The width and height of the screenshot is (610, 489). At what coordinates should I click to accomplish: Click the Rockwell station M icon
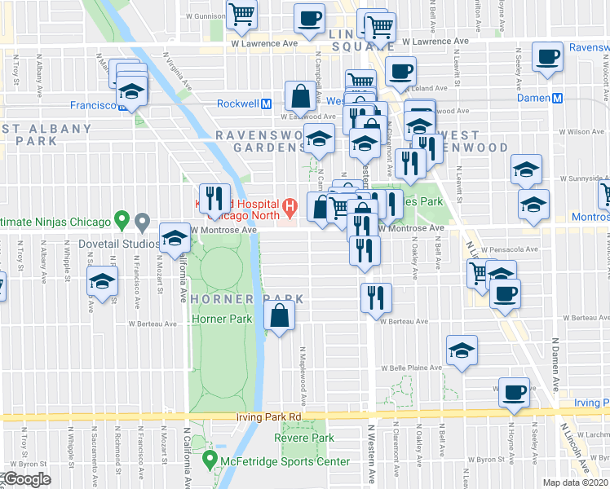[x=266, y=104]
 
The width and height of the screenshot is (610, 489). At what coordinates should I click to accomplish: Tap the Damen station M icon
[x=558, y=98]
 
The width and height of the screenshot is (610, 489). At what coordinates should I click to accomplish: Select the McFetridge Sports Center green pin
[x=210, y=462]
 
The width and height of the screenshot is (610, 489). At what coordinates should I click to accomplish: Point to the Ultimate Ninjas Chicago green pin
[x=122, y=220]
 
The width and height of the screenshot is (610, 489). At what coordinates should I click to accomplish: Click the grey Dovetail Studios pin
[x=142, y=221]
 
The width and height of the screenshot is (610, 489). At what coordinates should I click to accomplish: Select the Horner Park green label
[x=221, y=319]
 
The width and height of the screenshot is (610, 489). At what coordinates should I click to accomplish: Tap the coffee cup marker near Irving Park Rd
[x=515, y=394]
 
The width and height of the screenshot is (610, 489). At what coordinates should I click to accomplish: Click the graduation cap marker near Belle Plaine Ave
[x=462, y=351]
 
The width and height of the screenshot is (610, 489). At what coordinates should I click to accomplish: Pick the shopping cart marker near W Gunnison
[x=242, y=15]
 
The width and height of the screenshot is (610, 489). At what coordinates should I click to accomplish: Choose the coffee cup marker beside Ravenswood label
[x=547, y=58]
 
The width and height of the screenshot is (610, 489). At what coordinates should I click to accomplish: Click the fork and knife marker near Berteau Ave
[x=375, y=298]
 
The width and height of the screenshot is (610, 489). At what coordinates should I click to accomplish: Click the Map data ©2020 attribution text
[x=576, y=482]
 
